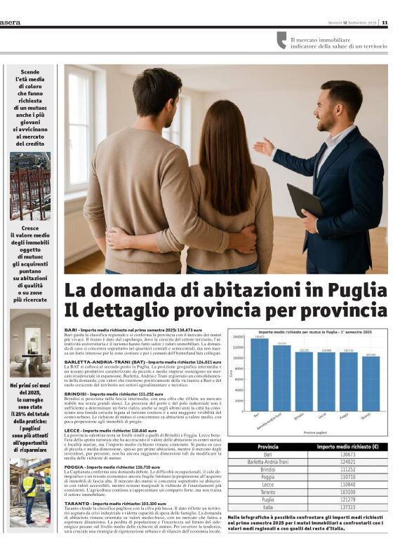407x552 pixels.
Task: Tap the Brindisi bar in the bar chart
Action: click(304, 381)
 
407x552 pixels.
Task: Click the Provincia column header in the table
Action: click(268, 447)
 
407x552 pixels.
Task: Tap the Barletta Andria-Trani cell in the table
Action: click(268, 462)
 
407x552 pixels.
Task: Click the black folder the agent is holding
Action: click(305, 200)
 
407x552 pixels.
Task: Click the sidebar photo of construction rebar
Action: click(29, 186)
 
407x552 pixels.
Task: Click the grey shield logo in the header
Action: click(281, 40)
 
